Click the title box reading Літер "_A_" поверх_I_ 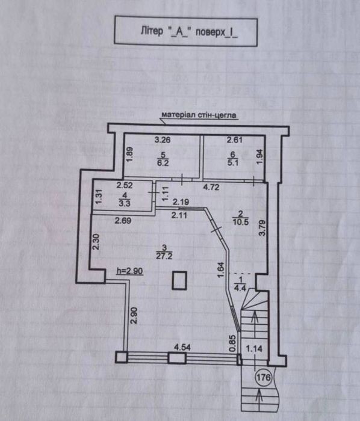(186, 31)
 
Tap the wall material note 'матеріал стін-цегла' (199, 115)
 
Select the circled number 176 (264, 378)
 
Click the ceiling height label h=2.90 (130, 271)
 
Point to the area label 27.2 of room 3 (164, 256)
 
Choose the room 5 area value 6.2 (163, 163)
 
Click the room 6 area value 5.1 (232, 163)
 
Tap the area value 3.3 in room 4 (124, 203)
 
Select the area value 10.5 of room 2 (241, 222)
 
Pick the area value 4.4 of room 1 (240, 288)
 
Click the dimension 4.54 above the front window (182, 348)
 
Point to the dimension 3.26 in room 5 (163, 140)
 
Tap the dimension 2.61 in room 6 (235, 140)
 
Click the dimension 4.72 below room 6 (211, 187)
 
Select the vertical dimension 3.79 (262, 228)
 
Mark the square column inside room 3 (179, 280)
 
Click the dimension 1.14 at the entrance (254, 349)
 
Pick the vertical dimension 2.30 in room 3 (96, 242)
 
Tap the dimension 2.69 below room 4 (123, 221)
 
